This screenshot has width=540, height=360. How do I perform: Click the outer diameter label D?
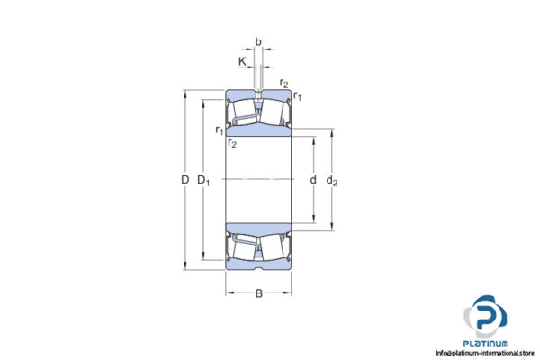[185, 180]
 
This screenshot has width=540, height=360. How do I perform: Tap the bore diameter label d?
[312, 180]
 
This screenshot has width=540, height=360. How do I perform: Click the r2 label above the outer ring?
[284, 84]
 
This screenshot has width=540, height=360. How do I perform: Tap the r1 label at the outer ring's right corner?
[298, 97]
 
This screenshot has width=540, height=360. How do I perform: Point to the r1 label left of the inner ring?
[219, 130]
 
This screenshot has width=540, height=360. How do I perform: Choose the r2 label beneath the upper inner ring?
[232, 144]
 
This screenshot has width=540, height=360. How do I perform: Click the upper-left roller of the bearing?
[243, 112]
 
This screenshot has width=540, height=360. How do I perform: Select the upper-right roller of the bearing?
[274, 112]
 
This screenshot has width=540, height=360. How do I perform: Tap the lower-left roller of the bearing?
[243, 247]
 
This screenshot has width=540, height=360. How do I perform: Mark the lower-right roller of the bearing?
[274, 247]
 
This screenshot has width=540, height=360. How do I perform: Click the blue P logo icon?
[486, 319]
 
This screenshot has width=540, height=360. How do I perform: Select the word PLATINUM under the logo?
[486, 343]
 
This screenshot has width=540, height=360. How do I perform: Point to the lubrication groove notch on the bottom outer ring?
[258, 267]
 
